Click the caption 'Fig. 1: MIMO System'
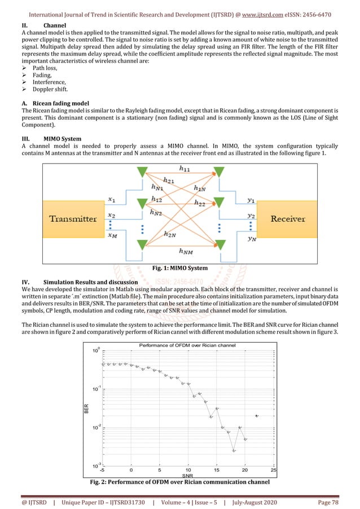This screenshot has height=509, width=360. (x=180, y=267)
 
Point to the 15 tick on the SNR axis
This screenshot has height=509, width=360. (x=217, y=469)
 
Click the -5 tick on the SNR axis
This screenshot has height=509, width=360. (x=102, y=469)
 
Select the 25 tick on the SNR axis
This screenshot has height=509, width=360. (x=274, y=469)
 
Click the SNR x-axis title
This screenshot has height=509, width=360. (x=188, y=475)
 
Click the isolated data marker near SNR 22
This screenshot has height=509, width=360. (x=257, y=416)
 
